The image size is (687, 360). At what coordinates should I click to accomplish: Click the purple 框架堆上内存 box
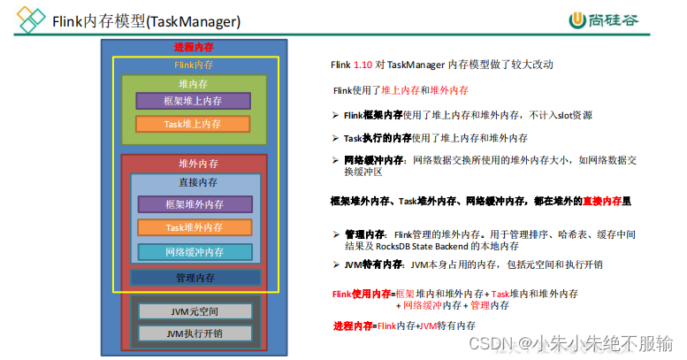tap(193, 101)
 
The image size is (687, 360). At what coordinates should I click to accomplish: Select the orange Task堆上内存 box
tap(193, 124)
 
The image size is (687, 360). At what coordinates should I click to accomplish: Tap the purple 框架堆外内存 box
tap(195, 204)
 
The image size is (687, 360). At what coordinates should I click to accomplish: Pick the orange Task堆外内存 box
tap(195, 227)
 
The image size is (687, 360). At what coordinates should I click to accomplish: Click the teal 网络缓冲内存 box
tap(195, 252)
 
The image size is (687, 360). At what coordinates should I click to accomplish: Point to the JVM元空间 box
tap(195, 311)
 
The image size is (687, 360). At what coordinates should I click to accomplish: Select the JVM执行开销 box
tap(195, 333)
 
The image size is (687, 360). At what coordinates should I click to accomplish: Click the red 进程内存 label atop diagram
tap(194, 47)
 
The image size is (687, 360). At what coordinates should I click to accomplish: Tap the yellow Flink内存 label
tap(194, 65)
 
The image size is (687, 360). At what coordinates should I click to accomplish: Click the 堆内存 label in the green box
tap(193, 83)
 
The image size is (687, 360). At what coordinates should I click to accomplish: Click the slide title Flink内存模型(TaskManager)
tap(146, 19)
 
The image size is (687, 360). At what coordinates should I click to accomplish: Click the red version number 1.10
tap(363, 65)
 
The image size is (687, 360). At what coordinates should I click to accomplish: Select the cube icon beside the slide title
tap(33, 19)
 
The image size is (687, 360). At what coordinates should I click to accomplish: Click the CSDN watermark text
tap(570, 342)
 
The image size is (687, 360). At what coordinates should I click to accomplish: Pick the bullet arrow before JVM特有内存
tap(336, 264)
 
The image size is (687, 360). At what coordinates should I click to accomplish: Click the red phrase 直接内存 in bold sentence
tap(600, 202)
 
